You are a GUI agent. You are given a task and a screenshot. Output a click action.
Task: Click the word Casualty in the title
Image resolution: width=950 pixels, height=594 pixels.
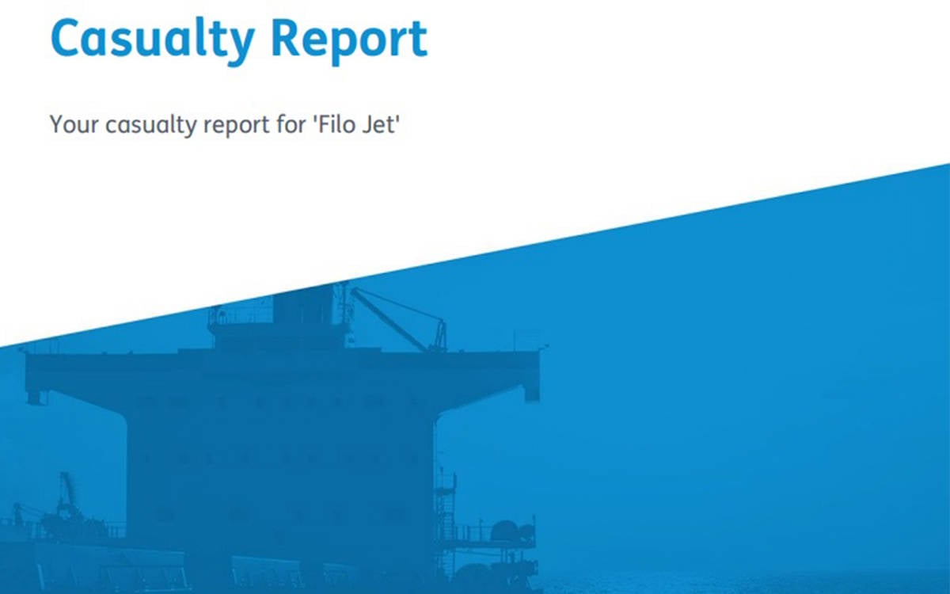(x=153, y=40)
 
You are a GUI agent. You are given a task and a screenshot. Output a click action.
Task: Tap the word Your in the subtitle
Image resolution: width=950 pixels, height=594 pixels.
(x=74, y=124)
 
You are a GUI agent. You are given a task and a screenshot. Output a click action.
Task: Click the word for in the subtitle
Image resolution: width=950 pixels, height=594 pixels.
(x=291, y=124)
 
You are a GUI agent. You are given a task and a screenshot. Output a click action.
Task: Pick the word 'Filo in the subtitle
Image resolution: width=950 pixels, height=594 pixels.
(x=334, y=124)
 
